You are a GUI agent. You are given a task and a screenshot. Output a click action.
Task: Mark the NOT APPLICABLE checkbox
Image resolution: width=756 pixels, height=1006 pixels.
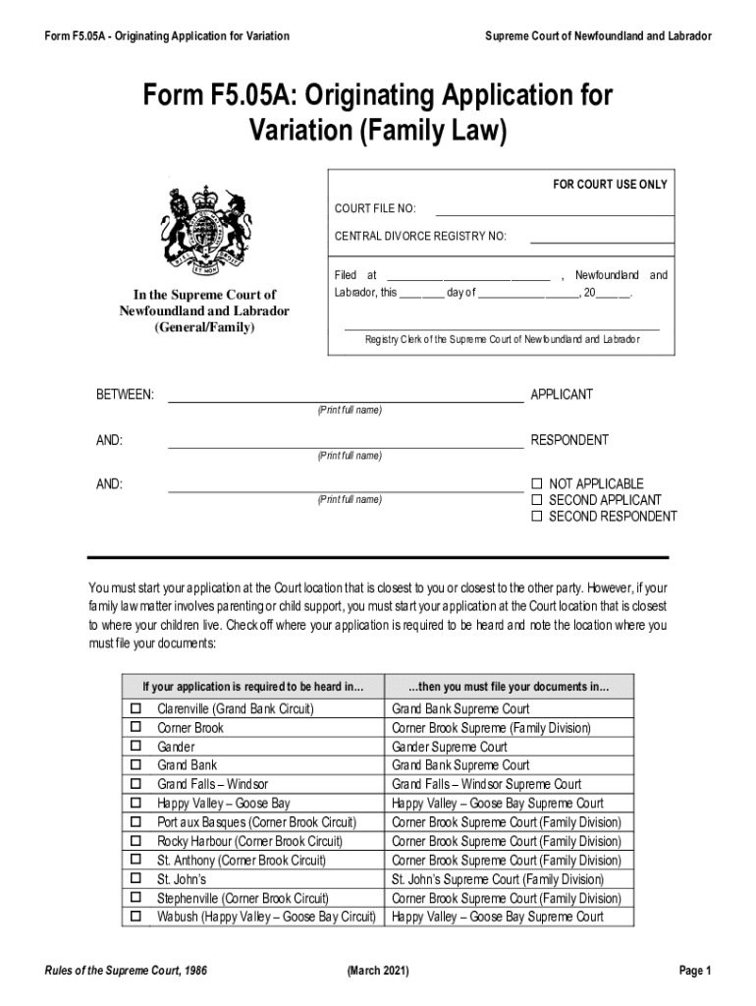coord(536,484)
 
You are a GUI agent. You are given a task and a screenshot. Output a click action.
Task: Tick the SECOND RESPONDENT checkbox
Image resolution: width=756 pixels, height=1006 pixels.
coord(536,517)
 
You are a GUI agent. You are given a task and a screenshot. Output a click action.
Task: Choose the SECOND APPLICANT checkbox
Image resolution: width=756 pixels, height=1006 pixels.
coord(536,500)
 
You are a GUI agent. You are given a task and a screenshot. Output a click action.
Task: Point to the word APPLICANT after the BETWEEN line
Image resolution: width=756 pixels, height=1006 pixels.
coord(562,395)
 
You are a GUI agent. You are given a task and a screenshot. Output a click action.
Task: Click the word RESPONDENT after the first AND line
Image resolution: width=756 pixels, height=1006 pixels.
coord(569,441)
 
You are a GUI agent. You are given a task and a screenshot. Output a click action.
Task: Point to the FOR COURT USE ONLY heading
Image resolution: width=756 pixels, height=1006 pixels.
coord(610,185)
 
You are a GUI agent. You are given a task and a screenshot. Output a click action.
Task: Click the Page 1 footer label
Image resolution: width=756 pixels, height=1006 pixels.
coord(693,972)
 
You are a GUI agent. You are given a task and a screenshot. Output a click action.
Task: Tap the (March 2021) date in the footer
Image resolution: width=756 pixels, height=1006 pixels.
coord(378,972)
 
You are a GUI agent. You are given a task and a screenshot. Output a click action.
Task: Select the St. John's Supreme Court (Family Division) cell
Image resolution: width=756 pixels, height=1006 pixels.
coord(497,879)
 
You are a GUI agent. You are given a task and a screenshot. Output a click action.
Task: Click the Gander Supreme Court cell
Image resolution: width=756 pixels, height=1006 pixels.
coord(449,747)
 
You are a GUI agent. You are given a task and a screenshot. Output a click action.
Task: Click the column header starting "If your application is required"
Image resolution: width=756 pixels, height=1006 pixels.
coord(252,686)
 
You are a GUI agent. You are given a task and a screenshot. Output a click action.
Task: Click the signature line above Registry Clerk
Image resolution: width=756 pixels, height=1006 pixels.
coord(502,327)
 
